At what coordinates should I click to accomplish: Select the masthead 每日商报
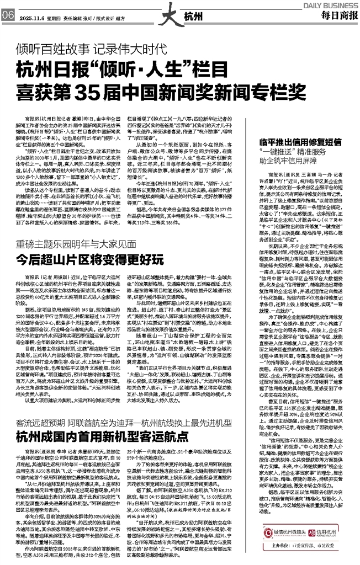point(337,14)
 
